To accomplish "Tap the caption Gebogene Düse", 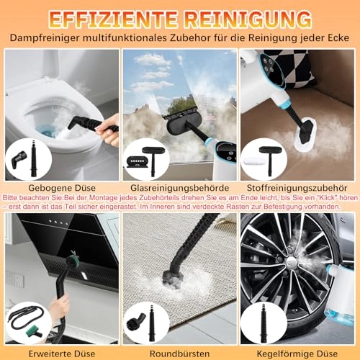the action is point(62,188).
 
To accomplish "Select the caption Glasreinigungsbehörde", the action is point(179,188).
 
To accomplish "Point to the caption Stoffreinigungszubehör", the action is point(297,188).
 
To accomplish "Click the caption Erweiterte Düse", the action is point(62,354).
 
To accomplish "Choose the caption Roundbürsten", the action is point(179,354).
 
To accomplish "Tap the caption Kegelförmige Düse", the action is point(297,354).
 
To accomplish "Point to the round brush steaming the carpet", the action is point(172,276).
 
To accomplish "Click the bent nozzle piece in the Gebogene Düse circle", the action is point(19,157).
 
